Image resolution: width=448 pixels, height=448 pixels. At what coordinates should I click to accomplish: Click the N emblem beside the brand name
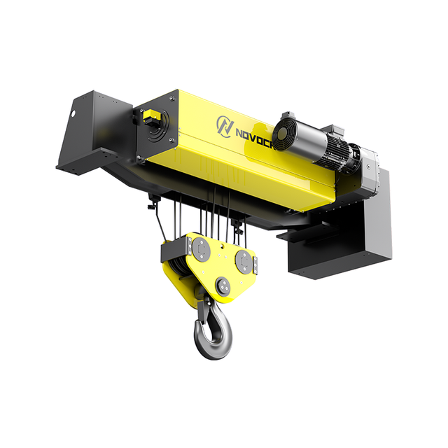click(225, 125)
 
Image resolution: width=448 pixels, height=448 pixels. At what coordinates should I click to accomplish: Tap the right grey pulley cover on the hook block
click(244, 260)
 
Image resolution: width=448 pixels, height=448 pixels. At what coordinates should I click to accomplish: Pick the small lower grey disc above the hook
click(223, 284)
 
